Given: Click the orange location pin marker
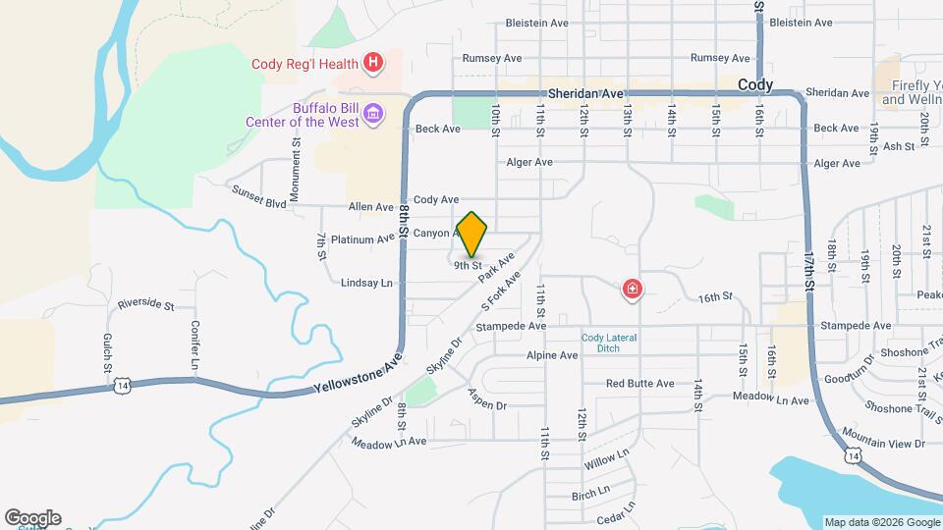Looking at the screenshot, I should point(472,234).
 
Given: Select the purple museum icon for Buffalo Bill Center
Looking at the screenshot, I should point(372,115).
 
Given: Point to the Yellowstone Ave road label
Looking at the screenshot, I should point(359,377).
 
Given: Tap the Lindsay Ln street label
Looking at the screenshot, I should point(366,283).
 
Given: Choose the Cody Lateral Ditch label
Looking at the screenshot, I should point(608,343).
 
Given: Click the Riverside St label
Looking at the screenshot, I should point(145,305).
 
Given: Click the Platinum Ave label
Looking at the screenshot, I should point(362,239).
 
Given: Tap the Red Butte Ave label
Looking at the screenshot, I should point(639,384).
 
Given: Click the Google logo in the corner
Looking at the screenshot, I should point(32,518).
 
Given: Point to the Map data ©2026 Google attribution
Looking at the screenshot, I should point(881,522).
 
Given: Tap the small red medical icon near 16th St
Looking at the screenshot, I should point(633,289).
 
